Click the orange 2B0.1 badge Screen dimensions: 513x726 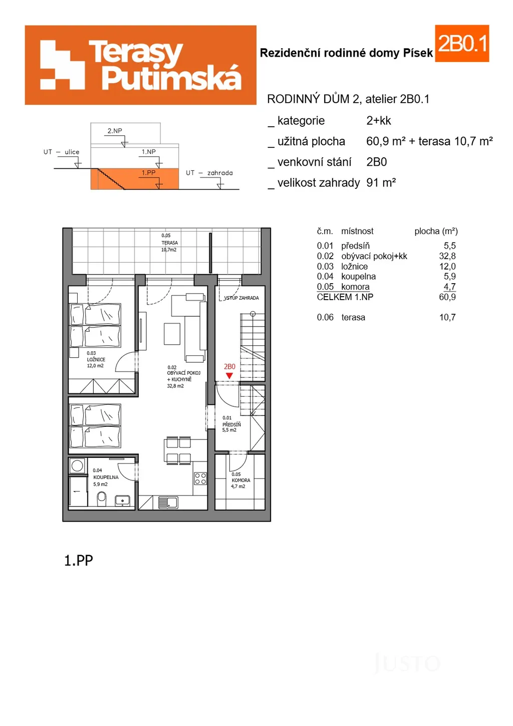point(462,44)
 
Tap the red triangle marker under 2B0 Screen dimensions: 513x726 point(229,376)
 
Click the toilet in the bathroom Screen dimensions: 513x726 point(101,499)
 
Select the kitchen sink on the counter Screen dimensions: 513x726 point(168,503)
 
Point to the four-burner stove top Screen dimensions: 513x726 point(200,478)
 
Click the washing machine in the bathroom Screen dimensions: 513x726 point(77,466)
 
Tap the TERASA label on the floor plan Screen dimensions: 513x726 point(169,243)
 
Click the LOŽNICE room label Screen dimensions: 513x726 point(96,359)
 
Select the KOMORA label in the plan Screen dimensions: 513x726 point(241,480)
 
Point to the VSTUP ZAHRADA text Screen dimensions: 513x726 point(241,298)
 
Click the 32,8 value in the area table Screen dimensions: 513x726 point(447,256)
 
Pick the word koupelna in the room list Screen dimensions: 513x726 point(358,277)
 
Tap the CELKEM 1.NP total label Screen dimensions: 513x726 point(345,297)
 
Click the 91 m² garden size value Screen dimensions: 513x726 point(381,183)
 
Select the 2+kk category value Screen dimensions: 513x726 point(379,121)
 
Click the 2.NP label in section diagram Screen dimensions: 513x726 point(115,131)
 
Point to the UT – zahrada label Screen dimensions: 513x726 point(209,173)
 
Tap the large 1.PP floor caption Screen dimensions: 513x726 point(79,560)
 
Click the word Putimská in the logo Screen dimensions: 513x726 point(171,78)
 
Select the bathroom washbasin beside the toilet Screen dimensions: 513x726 point(123,501)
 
